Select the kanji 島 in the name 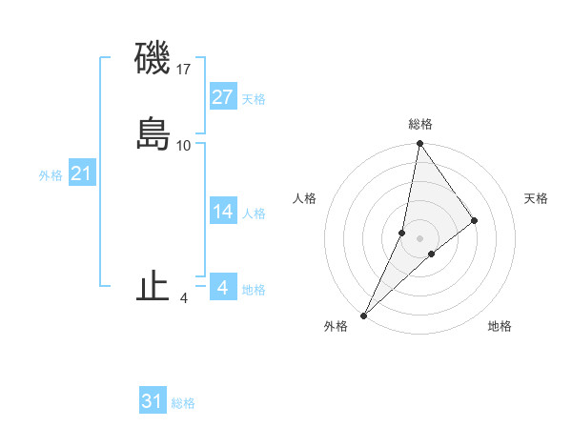pos(153,134)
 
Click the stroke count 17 pos(184,70)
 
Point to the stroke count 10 pos(184,145)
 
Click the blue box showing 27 pos(223,97)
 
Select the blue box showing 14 pos(223,212)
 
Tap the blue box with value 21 pos(81,173)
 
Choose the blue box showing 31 pos(153,401)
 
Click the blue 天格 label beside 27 pos(254,99)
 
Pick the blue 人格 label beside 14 pos(254,214)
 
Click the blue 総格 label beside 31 pos(183,403)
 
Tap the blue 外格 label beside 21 pos(51,175)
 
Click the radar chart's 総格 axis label pos(420,124)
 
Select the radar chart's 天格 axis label pos(536,198)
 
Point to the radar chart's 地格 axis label pos(500,326)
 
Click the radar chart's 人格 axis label pos(305,198)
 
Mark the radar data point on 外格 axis pos(364,315)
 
